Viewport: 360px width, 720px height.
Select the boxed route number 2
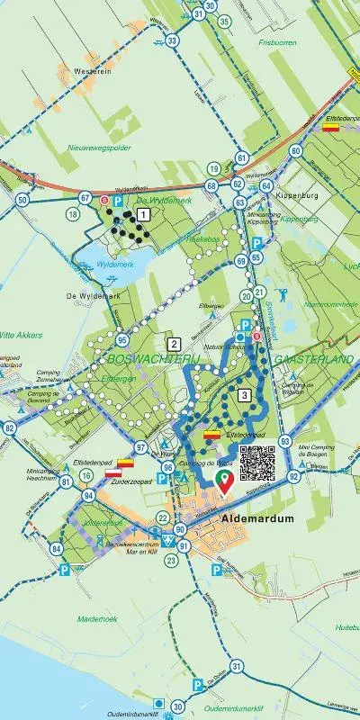click(174, 343)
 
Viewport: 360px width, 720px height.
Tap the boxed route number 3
click(244, 394)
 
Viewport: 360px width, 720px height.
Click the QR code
click(256, 463)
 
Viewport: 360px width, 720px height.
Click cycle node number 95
click(121, 340)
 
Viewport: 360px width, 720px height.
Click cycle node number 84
click(57, 548)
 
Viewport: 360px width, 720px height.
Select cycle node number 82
click(10, 428)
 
